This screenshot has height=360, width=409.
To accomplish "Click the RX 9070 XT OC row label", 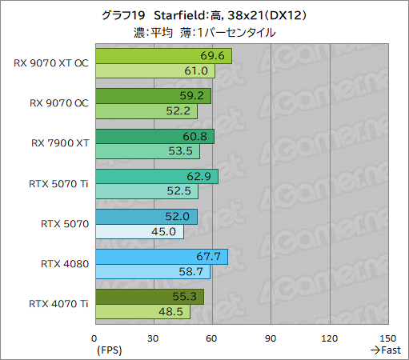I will pos(50,63).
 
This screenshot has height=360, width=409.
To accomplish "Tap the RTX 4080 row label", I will pos(65,263).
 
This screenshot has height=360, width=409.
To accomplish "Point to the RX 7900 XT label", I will pos(60,143).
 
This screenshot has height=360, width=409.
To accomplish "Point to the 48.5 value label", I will pos(171,312).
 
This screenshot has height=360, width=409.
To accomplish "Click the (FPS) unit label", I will pos(110,350).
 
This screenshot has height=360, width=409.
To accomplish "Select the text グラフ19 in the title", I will pos(126,16).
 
